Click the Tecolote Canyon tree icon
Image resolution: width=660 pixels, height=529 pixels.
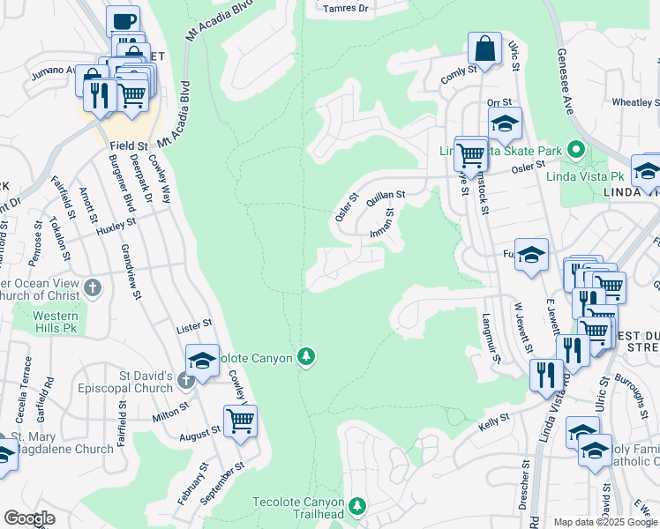[x=306, y=356]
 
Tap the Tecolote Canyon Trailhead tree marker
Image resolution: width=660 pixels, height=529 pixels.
[x=357, y=505]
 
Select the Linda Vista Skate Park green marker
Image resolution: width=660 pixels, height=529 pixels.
[x=576, y=151]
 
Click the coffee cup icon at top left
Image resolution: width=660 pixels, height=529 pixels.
[x=124, y=21]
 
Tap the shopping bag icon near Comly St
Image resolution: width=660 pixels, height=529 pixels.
[x=484, y=48]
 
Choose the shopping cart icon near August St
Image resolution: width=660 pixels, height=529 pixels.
[x=240, y=421]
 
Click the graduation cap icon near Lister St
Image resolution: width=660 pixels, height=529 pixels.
[x=202, y=361]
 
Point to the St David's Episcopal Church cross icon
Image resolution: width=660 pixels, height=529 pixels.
[x=184, y=380]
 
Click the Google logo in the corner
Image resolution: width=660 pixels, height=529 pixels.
[x=30, y=518]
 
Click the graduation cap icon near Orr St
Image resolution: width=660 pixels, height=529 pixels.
[x=504, y=123]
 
